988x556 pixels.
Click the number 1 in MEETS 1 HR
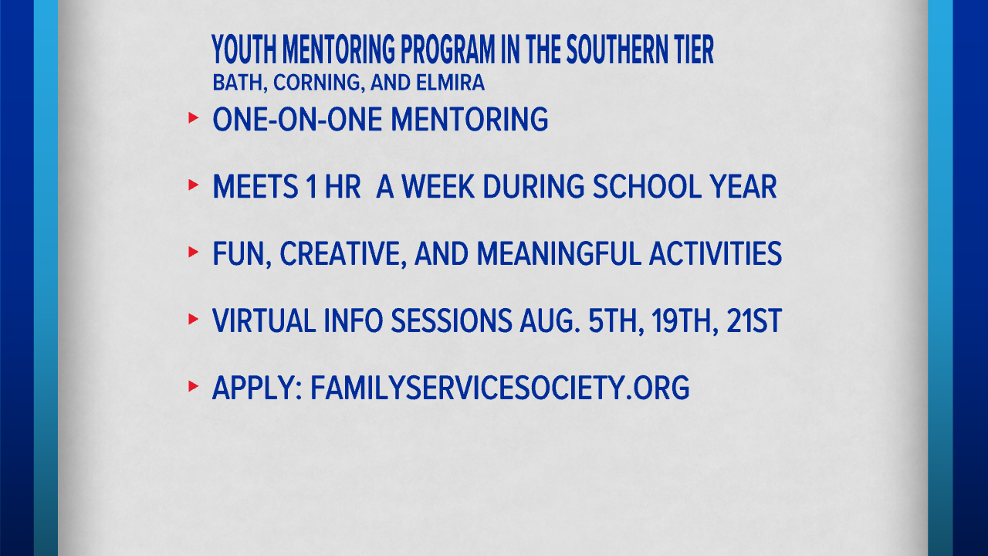[x=313, y=188]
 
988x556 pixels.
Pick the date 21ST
[x=754, y=321]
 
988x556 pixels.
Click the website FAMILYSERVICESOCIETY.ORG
[x=499, y=388]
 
